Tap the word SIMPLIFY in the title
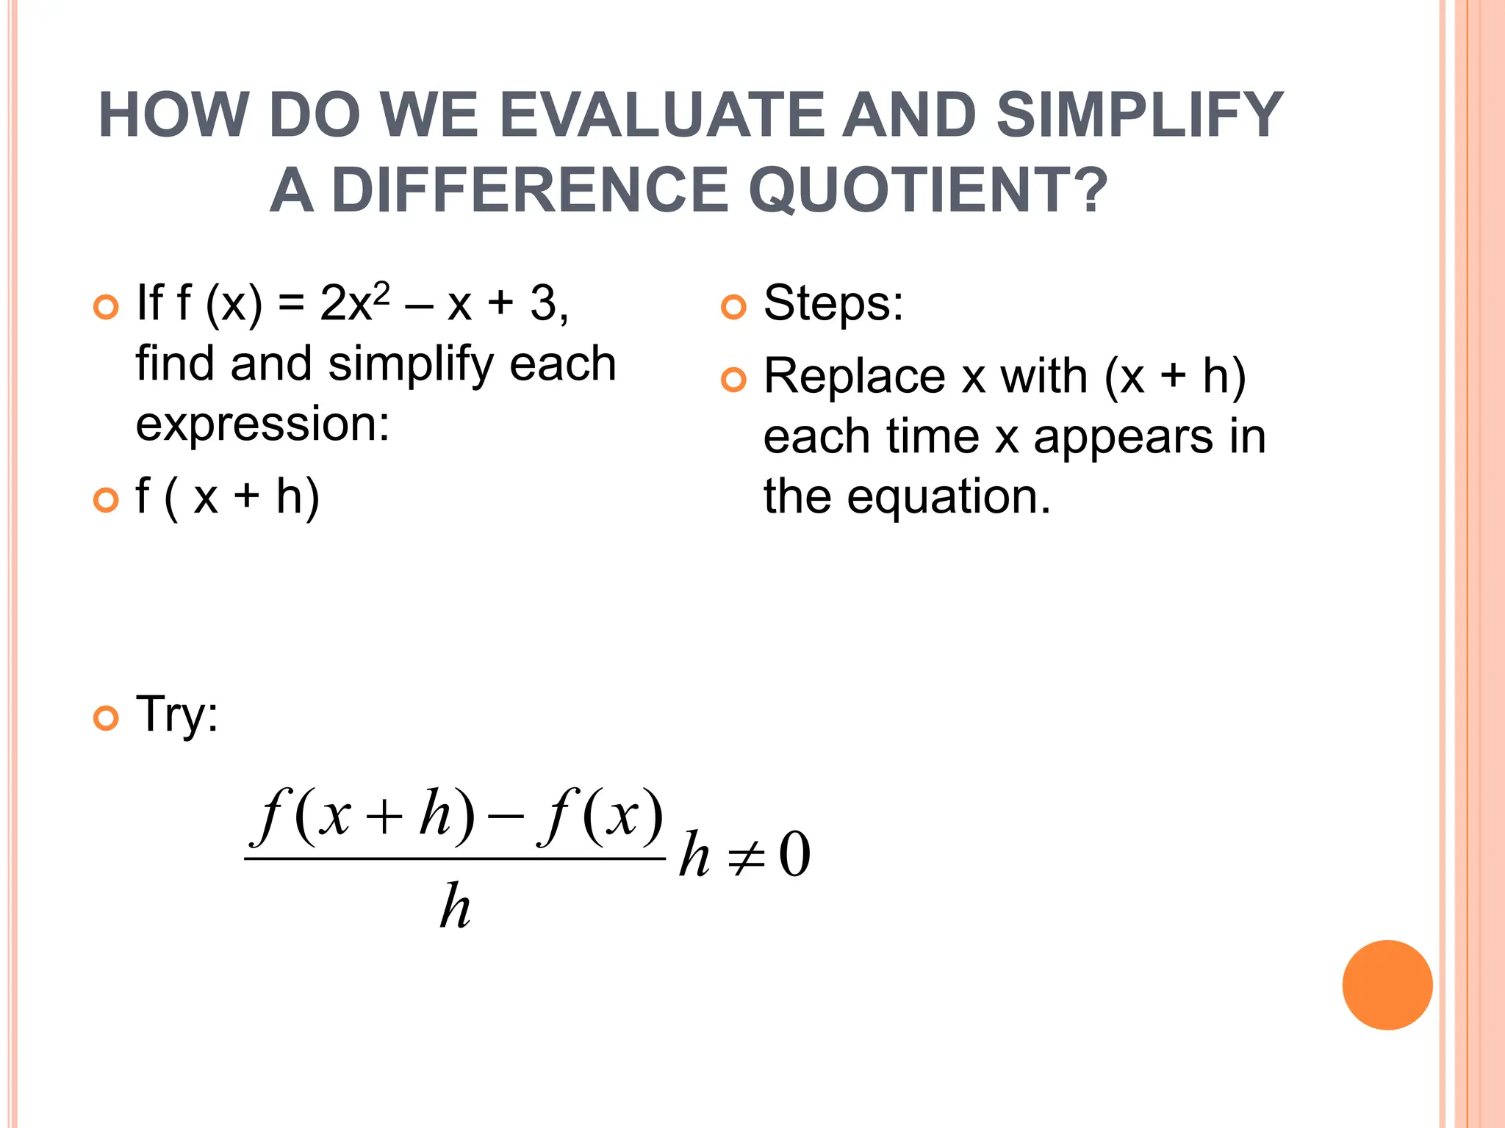[x=1140, y=115]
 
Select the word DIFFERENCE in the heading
[x=529, y=190]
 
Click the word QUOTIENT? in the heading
[x=928, y=190]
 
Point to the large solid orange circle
[x=1387, y=985]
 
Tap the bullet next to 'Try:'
[x=106, y=717]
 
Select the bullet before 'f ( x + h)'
[x=106, y=500]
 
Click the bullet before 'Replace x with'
[x=733, y=380]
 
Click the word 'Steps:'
[x=833, y=303]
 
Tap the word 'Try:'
[x=177, y=715]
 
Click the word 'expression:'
[x=262, y=424]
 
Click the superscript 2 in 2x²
[x=381, y=291]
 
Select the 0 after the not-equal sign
[x=794, y=855]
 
